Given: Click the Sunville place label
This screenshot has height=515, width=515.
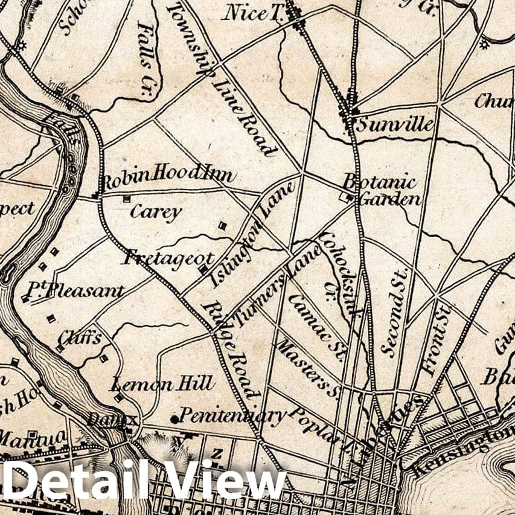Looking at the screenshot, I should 394,125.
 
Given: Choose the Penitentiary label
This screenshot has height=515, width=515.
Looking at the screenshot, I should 232,415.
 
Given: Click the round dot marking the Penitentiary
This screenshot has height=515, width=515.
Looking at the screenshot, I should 174,418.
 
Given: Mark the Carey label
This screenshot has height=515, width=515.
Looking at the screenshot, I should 156,212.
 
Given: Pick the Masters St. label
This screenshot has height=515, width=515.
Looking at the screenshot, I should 307,366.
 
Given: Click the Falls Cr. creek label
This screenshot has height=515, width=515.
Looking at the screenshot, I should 147,56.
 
